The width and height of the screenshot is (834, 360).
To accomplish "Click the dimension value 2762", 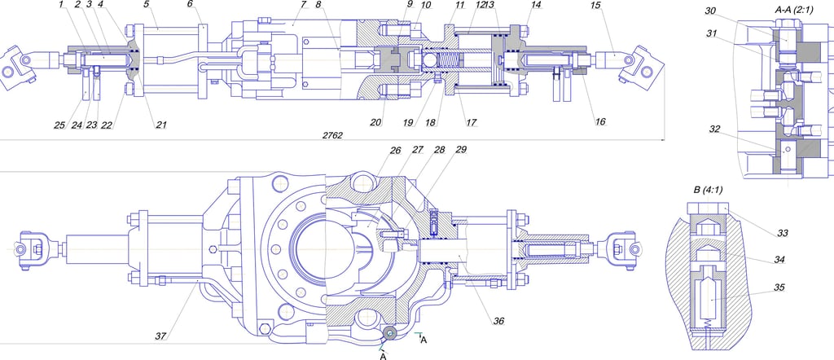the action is point(332,135).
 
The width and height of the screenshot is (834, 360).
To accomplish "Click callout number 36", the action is point(498,321).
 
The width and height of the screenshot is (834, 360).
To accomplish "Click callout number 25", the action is point(59,125).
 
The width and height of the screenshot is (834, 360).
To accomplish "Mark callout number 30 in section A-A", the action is point(711,11).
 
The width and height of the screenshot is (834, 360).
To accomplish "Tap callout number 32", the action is point(715,129).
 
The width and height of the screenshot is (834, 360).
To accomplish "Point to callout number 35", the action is point(779,288).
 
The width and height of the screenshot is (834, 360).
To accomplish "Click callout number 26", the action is point(395,150).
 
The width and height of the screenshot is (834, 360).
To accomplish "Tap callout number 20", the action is point(376,122).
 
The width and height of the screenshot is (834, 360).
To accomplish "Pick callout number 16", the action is point(599,122).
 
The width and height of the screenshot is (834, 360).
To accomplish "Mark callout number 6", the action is point(190,5).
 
